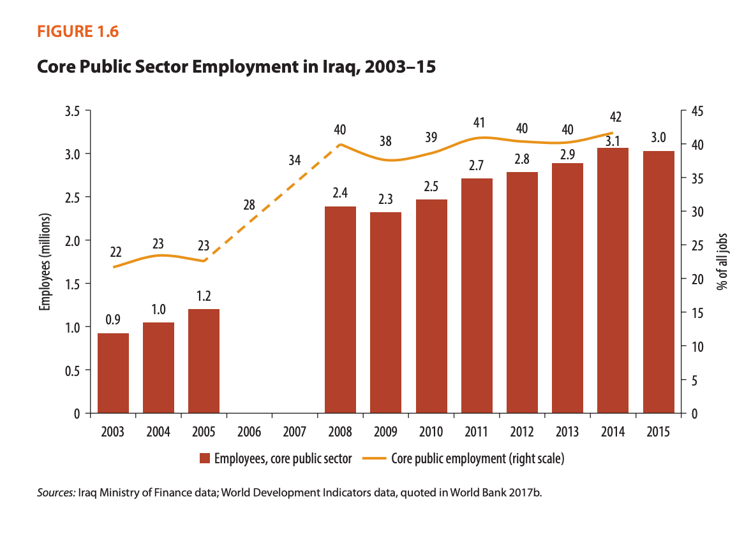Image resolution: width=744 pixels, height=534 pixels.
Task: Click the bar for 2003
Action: tap(113, 373)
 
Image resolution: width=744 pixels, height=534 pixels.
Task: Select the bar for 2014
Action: tap(613, 280)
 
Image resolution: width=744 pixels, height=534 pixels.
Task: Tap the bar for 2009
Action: tap(385, 312)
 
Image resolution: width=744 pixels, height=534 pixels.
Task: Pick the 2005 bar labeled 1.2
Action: tap(204, 361)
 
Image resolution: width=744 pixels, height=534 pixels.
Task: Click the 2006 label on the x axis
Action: tap(249, 432)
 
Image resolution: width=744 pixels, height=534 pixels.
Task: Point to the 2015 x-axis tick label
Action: tap(658, 432)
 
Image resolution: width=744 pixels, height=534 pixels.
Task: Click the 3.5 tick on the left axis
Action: tap(72, 111)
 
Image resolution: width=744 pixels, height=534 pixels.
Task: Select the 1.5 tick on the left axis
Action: tap(72, 284)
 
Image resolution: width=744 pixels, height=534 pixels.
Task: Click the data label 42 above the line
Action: tap(615, 117)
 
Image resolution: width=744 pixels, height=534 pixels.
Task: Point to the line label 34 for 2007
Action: tap(294, 161)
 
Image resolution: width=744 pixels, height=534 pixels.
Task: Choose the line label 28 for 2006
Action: tap(249, 205)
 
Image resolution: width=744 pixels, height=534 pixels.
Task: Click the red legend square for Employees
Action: tap(204, 458)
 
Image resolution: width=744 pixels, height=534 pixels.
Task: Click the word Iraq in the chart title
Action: tap(336, 67)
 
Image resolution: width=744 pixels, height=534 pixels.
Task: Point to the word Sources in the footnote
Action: tap(56, 493)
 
